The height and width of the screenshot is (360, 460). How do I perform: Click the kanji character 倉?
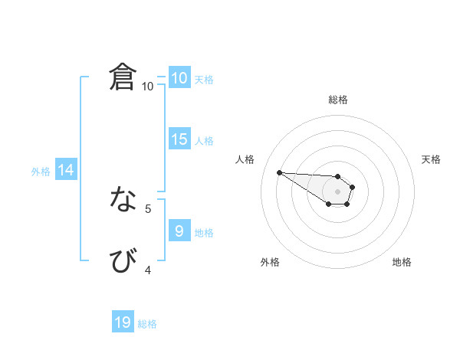tap(123, 77)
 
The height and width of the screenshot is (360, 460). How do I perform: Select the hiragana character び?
tap(123, 260)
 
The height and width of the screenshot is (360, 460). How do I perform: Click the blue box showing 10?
tap(179, 78)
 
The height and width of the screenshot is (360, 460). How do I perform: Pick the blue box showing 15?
tap(179, 139)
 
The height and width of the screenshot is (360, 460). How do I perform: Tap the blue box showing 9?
tap(179, 231)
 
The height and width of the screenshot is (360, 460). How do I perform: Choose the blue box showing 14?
tap(66, 171)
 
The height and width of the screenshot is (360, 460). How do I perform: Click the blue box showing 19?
tap(123, 322)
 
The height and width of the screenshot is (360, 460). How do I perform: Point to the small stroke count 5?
tap(148, 208)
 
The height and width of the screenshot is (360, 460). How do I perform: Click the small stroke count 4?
tap(148, 270)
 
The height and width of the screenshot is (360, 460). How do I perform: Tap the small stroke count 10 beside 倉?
tap(147, 87)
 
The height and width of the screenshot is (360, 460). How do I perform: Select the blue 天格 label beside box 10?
tap(204, 80)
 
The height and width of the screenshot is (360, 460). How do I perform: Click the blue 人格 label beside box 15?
tap(204, 141)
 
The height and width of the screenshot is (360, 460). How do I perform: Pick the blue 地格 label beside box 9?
tap(204, 232)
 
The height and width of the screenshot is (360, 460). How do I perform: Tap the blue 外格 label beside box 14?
tap(41, 172)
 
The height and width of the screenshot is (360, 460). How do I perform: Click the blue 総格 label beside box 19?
tap(147, 324)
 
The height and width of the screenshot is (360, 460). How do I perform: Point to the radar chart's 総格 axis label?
tap(338, 100)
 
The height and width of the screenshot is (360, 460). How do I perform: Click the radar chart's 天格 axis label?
tap(432, 159)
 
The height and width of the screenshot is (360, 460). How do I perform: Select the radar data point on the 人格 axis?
tap(279, 172)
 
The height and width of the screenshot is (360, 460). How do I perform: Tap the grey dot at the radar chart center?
tap(337, 191)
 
